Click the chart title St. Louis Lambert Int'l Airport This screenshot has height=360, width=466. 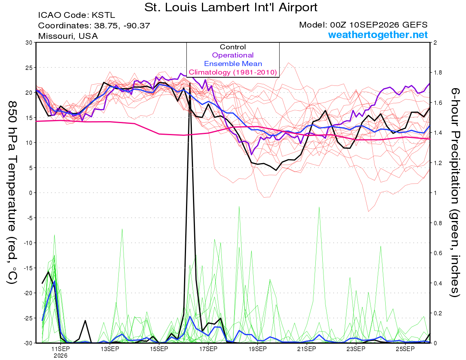(231, 7)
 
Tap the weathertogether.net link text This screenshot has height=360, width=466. (378, 35)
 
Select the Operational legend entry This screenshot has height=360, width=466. (233, 55)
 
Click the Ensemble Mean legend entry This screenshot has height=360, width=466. (233, 64)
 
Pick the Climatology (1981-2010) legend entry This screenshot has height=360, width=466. (233, 72)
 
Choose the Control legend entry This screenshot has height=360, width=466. (233, 47)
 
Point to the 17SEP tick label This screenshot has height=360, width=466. (208, 349)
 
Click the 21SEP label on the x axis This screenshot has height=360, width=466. (307, 349)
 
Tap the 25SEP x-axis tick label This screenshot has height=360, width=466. (405, 349)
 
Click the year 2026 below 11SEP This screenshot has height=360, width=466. (61, 356)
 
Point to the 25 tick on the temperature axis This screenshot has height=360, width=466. (29, 68)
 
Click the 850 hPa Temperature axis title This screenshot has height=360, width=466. (12, 193)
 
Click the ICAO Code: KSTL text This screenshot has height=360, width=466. (77, 15)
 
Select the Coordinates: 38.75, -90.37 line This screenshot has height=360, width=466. (94, 26)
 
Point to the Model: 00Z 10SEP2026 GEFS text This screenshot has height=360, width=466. (363, 25)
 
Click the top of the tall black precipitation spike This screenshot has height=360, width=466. (190, 83)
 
